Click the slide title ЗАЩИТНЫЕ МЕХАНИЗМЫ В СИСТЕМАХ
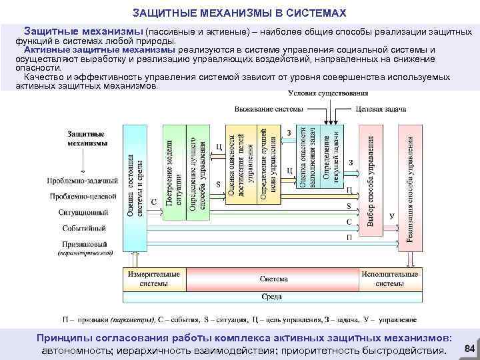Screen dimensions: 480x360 pos(239,13)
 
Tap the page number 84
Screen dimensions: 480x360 pos(469,349)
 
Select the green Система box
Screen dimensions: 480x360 pos(274,279)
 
